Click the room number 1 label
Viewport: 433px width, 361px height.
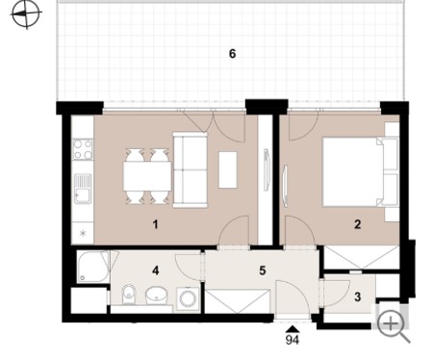(x=156, y=224)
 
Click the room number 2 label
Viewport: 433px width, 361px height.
(x=358, y=224)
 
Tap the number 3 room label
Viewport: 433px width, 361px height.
(x=358, y=297)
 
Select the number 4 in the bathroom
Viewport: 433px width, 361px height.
(x=156, y=271)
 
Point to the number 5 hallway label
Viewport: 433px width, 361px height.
(x=263, y=271)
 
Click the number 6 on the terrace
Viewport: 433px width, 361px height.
(x=233, y=54)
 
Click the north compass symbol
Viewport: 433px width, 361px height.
(x=26, y=13)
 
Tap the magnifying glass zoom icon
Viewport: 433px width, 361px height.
(x=394, y=326)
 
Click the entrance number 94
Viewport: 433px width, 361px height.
(x=293, y=340)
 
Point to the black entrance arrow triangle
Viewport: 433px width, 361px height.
(x=293, y=329)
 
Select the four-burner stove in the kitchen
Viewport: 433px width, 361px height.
(x=83, y=149)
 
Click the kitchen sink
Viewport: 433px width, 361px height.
(x=83, y=189)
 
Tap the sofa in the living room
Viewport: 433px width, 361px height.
(x=190, y=170)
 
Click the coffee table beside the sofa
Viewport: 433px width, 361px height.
(x=228, y=169)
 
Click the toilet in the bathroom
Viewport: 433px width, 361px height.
(x=129, y=295)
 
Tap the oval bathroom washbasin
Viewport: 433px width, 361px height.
(x=157, y=295)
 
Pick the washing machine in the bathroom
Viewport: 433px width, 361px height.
(x=188, y=298)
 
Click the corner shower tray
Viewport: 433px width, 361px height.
(x=93, y=267)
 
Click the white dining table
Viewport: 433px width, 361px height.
(x=147, y=176)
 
